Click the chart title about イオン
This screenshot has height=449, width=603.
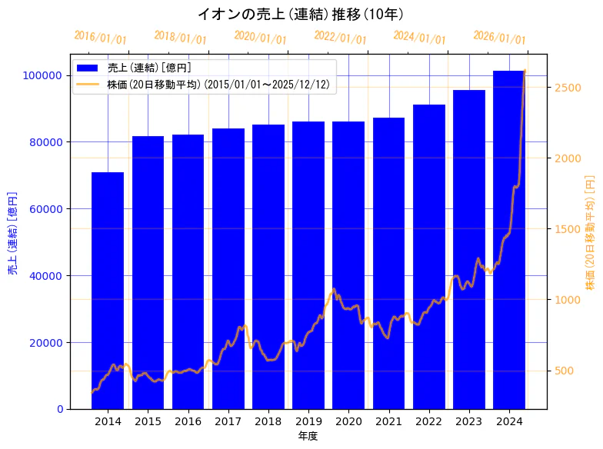click(301, 14)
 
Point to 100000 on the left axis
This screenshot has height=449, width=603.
click(42, 75)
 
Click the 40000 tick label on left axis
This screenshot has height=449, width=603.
click(45, 275)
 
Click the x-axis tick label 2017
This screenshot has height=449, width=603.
click(228, 421)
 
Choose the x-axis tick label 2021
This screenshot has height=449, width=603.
click(388, 421)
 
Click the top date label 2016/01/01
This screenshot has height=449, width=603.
click(101, 38)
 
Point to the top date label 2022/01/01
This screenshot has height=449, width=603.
click(341, 37)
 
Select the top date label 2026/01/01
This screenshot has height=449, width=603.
click(500, 38)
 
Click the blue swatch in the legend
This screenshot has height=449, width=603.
click(88, 68)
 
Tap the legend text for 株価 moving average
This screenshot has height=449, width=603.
click(218, 85)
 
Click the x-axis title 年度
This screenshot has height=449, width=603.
click(308, 436)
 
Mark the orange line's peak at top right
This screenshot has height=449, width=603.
click(525, 71)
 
